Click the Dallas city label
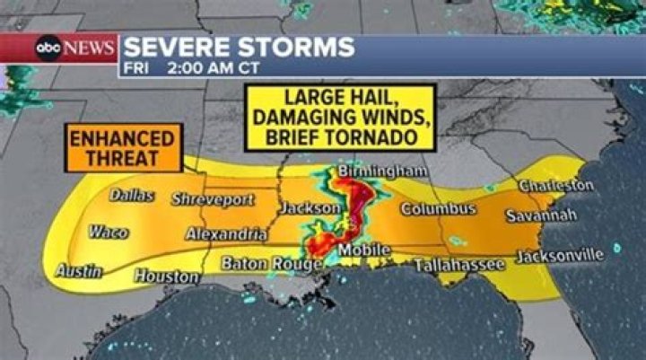tap(132, 196)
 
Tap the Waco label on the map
tap(108, 233)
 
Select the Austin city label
tap(79, 269)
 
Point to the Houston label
tap(167, 277)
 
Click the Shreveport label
tap(213, 199)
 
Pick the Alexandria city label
tap(226, 234)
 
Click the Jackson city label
tap(310, 208)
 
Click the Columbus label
tap(438, 209)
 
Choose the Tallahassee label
tap(458, 265)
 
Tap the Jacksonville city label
tap(560, 255)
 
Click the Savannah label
tap(541, 216)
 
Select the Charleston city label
tap(555, 186)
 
